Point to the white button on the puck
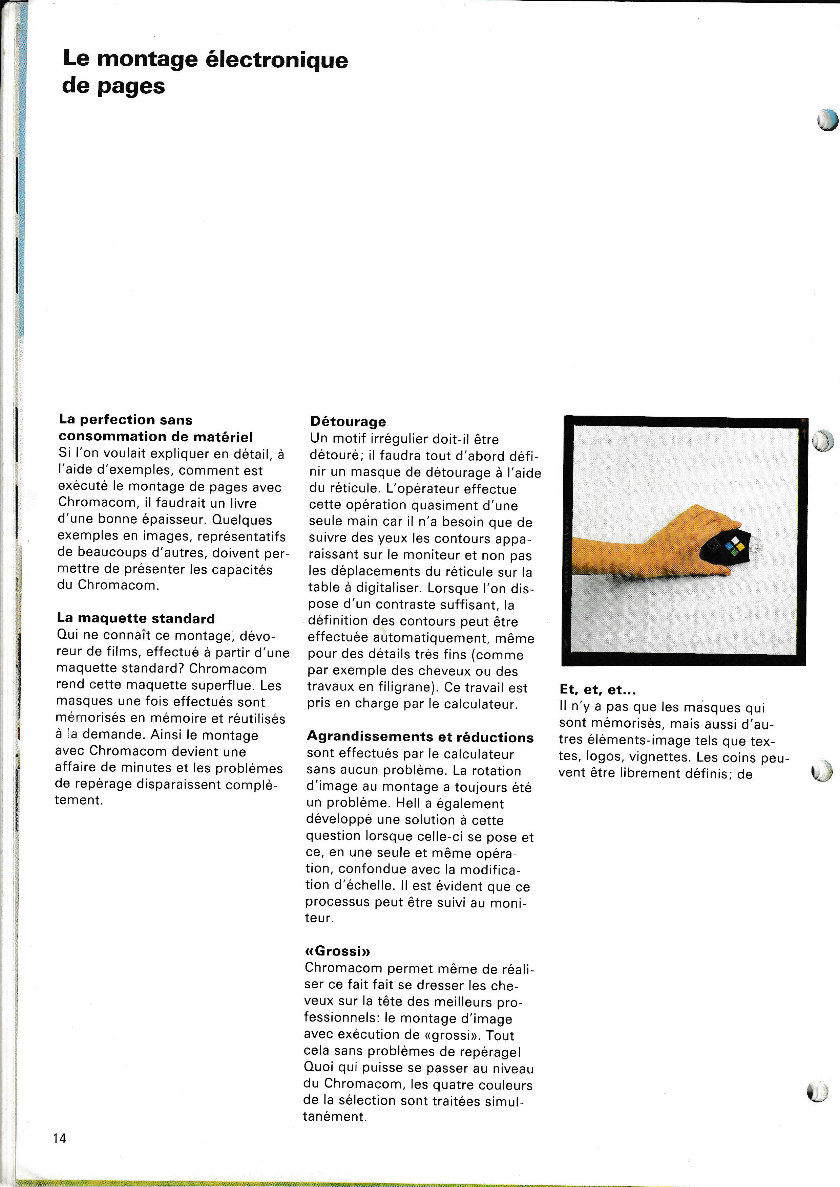[736, 540]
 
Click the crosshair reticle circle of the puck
[755, 547]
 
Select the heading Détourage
[348, 422]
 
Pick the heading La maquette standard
[135, 618]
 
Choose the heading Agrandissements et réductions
[420, 737]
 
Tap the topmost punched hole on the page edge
[826, 119]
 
